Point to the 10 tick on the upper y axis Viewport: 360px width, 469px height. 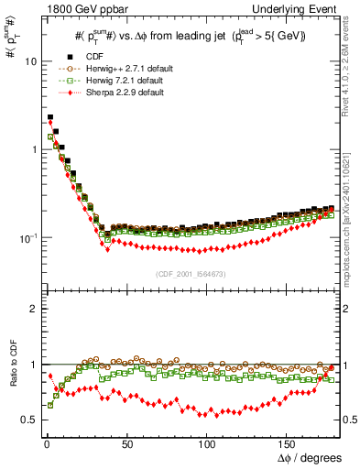click(x=29, y=61)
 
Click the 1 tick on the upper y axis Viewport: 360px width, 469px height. click(x=32, y=149)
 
